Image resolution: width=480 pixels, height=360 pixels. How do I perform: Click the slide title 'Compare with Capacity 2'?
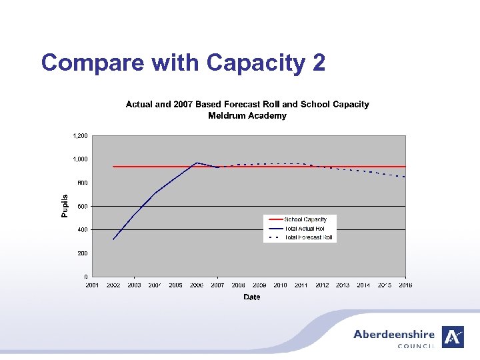tap(183, 63)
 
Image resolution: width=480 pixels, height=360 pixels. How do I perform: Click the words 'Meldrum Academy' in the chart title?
tap(247, 115)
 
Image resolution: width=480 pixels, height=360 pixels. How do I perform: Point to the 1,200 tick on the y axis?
tap(80, 136)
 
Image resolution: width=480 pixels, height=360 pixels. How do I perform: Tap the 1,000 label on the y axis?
tap(80, 159)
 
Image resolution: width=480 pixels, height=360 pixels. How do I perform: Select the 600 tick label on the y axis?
tap(83, 206)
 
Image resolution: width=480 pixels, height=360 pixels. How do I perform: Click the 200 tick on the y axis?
tap(83, 253)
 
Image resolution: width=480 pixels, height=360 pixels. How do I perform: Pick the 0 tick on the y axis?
tap(85, 277)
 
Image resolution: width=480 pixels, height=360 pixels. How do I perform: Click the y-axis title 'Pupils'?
tap(65, 206)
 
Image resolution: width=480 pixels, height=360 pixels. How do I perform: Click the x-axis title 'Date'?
tap(251, 297)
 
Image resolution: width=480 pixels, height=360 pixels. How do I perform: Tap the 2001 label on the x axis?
tap(93, 285)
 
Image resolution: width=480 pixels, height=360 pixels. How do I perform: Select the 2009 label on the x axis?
tap(259, 285)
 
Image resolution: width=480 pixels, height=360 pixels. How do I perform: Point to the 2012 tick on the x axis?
tap(322, 285)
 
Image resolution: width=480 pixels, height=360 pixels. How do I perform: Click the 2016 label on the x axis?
tap(405, 285)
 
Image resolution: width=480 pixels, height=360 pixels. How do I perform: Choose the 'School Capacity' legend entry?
tap(305, 219)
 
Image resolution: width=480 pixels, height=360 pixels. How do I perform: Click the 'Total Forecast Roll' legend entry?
tap(308, 237)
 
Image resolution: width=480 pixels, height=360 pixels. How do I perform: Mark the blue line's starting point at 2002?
tap(113, 239)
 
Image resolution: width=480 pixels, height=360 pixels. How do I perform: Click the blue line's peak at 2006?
tap(197, 163)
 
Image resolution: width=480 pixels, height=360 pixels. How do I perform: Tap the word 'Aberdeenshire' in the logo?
tap(393, 335)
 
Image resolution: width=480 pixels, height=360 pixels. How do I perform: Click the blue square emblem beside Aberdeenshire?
tap(453, 337)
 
